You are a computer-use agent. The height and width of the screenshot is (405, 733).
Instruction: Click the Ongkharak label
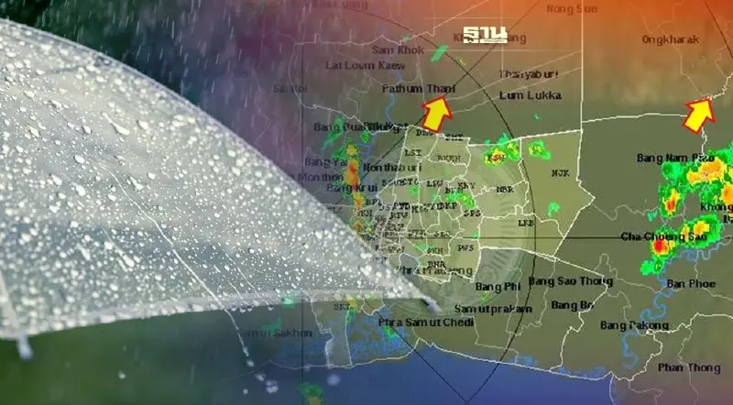(x=671, y=39)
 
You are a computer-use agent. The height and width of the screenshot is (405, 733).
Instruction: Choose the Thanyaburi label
(x=528, y=73)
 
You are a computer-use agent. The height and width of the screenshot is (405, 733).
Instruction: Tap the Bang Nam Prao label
(x=675, y=159)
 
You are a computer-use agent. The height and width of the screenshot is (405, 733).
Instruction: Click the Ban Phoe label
(x=692, y=284)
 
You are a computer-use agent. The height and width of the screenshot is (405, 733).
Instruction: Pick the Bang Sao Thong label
(x=569, y=280)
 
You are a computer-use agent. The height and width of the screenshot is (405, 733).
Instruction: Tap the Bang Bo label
(x=573, y=305)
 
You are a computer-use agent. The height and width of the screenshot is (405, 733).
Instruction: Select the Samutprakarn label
(x=492, y=310)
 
